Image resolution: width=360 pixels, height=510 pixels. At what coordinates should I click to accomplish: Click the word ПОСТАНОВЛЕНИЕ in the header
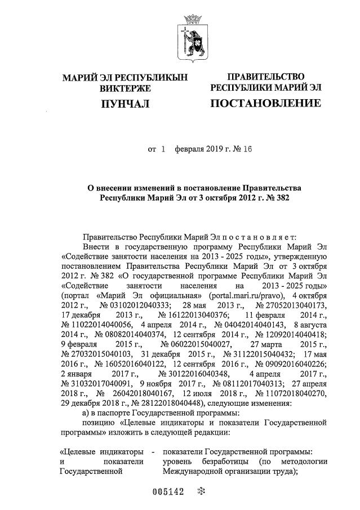point(265,104)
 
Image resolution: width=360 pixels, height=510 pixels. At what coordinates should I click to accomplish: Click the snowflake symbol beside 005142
point(198,491)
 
